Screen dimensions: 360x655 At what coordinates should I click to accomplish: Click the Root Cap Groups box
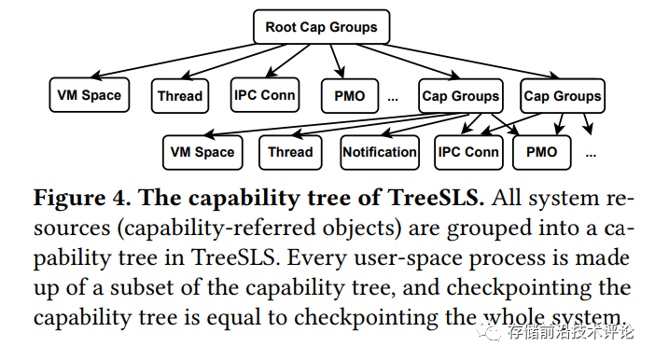321,27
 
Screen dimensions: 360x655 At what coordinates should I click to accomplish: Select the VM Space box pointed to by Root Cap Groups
89,95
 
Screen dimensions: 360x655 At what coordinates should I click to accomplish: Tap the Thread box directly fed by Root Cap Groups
180,95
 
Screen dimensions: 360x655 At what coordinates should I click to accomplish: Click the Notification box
379,152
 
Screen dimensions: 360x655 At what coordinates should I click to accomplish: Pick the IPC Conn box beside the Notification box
468,152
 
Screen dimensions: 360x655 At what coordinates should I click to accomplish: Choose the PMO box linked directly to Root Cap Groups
349,95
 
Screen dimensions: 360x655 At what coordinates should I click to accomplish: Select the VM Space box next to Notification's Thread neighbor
202,152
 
